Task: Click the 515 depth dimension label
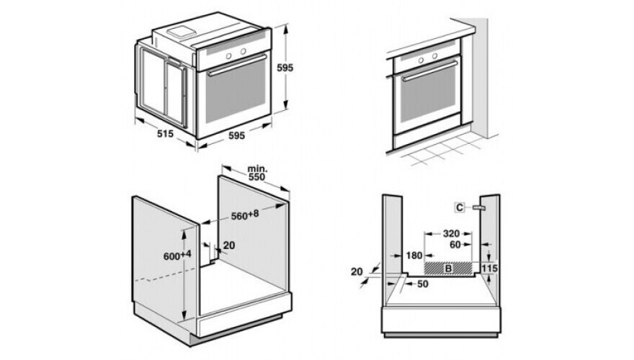click(x=165, y=133)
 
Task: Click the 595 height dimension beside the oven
click(x=285, y=68)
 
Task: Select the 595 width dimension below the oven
click(x=236, y=136)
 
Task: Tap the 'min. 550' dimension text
click(x=256, y=173)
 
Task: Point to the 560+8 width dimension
click(x=245, y=215)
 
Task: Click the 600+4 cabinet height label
click(x=177, y=256)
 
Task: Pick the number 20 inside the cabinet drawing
click(x=229, y=246)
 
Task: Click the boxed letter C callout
click(x=460, y=207)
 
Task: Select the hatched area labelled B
click(x=448, y=267)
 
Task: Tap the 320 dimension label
click(x=451, y=233)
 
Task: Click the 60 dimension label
click(x=455, y=245)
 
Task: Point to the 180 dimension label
click(x=414, y=256)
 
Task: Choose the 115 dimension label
click(x=490, y=269)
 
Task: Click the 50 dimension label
click(x=422, y=284)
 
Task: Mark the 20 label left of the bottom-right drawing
click(x=357, y=271)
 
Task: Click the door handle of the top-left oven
click(x=238, y=65)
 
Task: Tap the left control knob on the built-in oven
click(x=421, y=60)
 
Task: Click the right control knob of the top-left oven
click(x=244, y=51)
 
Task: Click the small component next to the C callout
click(x=478, y=207)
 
